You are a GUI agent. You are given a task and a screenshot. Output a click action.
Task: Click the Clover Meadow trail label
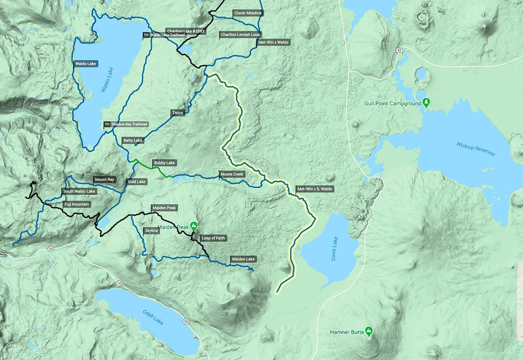248,13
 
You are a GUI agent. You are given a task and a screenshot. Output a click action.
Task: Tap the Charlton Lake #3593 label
185,31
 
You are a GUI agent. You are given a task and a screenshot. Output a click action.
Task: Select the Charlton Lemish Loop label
241,34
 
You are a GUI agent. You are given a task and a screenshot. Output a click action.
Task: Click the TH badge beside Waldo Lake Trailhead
146,35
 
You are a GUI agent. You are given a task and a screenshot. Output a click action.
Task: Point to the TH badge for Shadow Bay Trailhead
107,124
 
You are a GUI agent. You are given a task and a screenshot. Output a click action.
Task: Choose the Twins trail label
178,113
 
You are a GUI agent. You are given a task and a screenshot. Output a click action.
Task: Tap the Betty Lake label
133,140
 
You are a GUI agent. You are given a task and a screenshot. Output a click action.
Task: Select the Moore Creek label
232,174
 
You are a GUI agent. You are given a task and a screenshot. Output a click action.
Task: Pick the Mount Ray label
104,180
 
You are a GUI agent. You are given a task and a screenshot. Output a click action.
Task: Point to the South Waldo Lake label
79,191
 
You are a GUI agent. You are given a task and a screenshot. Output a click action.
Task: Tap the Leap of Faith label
213,238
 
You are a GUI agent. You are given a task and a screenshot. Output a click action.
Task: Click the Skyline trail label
151,230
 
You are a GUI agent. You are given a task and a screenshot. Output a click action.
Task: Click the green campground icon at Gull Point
427,103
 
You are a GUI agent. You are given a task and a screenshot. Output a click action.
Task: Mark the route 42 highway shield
399,51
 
